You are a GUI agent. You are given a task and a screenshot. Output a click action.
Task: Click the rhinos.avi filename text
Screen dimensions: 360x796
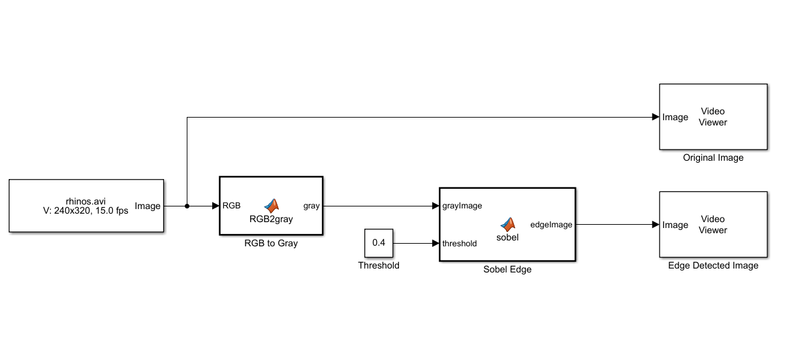pos(86,201)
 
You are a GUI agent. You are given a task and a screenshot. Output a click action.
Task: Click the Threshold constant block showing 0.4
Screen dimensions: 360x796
pos(379,243)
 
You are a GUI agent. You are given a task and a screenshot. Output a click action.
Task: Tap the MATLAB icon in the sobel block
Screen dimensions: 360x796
pos(507,224)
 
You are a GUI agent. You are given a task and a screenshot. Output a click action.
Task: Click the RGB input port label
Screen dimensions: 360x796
pos(232,206)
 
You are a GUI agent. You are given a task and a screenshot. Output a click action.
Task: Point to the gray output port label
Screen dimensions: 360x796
pos(311,206)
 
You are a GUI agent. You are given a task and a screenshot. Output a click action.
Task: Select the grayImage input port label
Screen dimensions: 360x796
pos(462,206)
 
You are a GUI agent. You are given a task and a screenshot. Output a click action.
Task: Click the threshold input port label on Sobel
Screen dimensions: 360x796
pos(460,243)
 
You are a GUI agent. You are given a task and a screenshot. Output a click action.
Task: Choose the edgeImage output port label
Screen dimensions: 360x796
pos(551,225)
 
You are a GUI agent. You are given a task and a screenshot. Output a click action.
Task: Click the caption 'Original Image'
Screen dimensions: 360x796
pos(713,157)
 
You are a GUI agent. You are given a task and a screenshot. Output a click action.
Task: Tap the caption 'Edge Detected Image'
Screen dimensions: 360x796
pos(713,265)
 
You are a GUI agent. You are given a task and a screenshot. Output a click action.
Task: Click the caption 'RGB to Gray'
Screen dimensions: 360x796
pos(271,243)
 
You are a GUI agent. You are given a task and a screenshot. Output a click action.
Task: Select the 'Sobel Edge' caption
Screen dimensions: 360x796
pos(507,269)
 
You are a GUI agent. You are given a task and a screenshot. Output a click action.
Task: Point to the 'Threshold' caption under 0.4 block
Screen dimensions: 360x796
pos(379,265)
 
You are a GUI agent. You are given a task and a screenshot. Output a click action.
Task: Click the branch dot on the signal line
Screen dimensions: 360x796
pos(187,206)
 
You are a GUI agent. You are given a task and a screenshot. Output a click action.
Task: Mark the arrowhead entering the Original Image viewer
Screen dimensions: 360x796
pos(655,117)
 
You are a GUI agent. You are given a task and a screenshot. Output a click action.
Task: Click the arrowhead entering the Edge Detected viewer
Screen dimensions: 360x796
pos(655,225)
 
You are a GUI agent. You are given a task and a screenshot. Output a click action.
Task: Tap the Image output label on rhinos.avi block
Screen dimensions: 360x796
pos(148,206)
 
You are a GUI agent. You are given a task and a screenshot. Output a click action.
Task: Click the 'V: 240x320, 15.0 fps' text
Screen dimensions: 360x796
pos(86,211)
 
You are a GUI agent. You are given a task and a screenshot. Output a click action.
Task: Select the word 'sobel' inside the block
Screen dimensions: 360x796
pos(507,237)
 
